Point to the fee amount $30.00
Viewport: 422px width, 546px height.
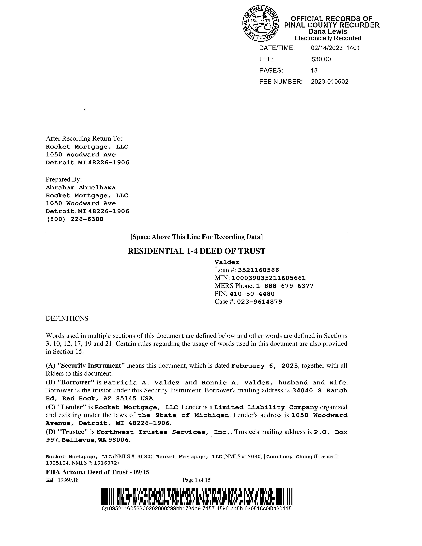pos(321,59)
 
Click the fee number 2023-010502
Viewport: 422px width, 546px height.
pos(330,82)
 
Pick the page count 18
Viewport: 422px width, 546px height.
pos(314,71)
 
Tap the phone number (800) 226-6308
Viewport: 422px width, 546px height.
pos(75,219)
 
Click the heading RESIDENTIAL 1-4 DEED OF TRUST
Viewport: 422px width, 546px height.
pos(196,251)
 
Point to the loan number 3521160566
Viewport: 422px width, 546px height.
pos(258,270)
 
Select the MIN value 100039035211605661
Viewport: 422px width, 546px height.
pos(269,278)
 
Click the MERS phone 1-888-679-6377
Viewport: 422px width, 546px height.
pos(285,286)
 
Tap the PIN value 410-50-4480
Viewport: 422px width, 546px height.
pos(252,294)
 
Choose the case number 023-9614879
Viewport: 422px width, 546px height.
pos(259,302)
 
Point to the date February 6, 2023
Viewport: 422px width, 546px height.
pos(265,366)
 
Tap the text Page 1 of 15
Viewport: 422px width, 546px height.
pos(196,480)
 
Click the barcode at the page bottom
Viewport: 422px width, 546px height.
pos(196,497)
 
